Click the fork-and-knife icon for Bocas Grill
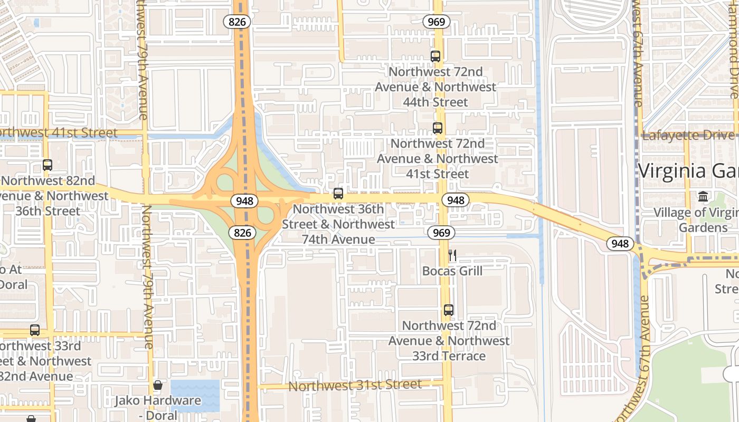click(x=452, y=256)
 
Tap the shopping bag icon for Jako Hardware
click(x=157, y=385)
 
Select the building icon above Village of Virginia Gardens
click(x=703, y=196)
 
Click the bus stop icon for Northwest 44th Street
click(x=435, y=56)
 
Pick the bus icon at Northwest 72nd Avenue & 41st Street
click(x=437, y=128)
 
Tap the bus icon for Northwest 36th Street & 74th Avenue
click(x=338, y=194)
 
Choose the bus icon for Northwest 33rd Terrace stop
click(x=448, y=310)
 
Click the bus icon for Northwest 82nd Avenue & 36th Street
click(x=48, y=165)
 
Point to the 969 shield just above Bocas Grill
click(x=441, y=233)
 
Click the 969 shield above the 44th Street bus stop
click(x=436, y=22)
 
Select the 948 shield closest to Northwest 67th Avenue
click(x=620, y=243)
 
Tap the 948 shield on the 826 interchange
click(x=245, y=201)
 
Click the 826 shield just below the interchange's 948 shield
click(x=243, y=232)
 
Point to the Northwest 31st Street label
click(x=355, y=385)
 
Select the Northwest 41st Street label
click(x=58, y=132)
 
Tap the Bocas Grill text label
click(x=452, y=271)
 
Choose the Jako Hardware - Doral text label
click(x=158, y=407)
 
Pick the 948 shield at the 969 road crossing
click(x=455, y=200)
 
